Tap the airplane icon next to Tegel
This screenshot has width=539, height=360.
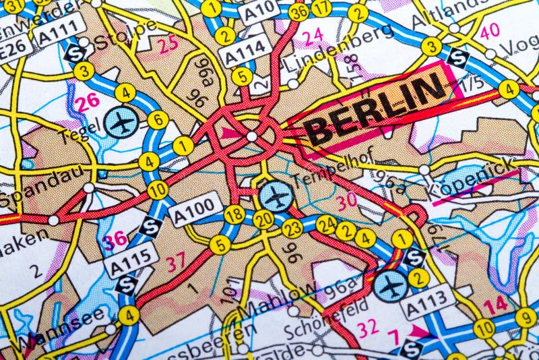coord(121,124)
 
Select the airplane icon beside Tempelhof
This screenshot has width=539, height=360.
coord(276,196)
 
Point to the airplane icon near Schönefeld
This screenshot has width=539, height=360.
coord(391,286)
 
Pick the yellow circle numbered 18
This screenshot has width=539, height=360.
coord(234,215)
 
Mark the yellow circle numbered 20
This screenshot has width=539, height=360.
coord(264,219)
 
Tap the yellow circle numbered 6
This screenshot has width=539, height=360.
coord(157,120)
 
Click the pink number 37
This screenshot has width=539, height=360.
coord(176,262)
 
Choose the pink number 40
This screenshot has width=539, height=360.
coord(489,30)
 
